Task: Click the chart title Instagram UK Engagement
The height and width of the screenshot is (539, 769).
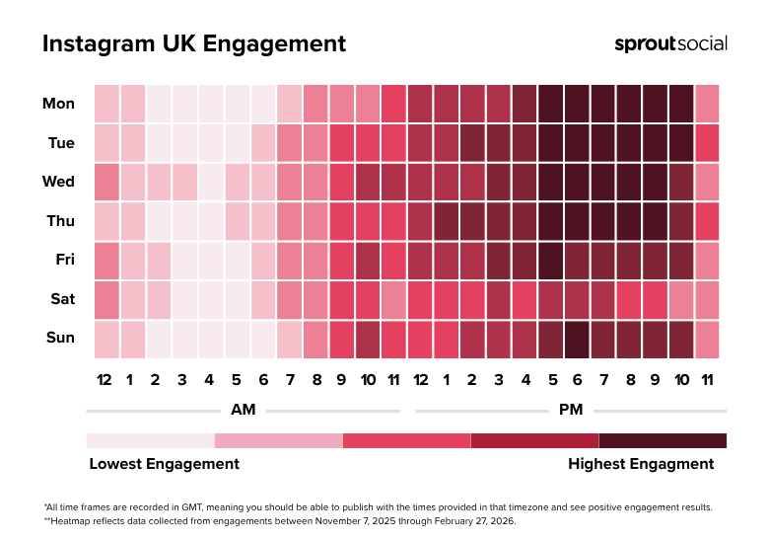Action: pyautogui.click(x=193, y=44)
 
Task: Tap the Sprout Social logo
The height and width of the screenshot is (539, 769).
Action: pyautogui.click(x=670, y=43)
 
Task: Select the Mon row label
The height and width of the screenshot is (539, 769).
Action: pyautogui.click(x=58, y=104)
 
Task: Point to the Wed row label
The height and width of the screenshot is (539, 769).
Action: pyautogui.click(x=59, y=182)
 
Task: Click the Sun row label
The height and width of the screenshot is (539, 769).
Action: pyautogui.click(x=60, y=338)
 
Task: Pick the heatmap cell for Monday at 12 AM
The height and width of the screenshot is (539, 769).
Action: pyautogui.click(x=106, y=104)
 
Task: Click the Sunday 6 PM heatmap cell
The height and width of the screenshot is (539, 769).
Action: pyautogui.click(x=577, y=339)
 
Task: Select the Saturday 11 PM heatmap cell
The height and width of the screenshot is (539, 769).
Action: pyautogui.click(x=707, y=299)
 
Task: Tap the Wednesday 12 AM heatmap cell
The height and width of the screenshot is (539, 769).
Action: pyautogui.click(x=106, y=182)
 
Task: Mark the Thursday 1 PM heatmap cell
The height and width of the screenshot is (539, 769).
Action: pyautogui.click(x=447, y=221)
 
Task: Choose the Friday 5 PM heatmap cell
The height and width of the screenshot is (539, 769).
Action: pyautogui.click(x=551, y=261)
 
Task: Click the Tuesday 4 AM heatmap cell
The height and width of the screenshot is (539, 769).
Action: pyautogui.click(x=211, y=143)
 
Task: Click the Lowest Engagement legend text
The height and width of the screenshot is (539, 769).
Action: pyautogui.click(x=164, y=463)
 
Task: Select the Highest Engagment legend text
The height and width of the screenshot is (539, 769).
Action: pyautogui.click(x=641, y=463)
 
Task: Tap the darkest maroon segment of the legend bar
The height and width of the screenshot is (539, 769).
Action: pyautogui.click(x=663, y=440)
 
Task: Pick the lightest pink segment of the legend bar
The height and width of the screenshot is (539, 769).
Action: pyautogui.click(x=150, y=440)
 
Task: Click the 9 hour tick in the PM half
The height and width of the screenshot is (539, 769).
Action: pyautogui.click(x=655, y=380)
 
